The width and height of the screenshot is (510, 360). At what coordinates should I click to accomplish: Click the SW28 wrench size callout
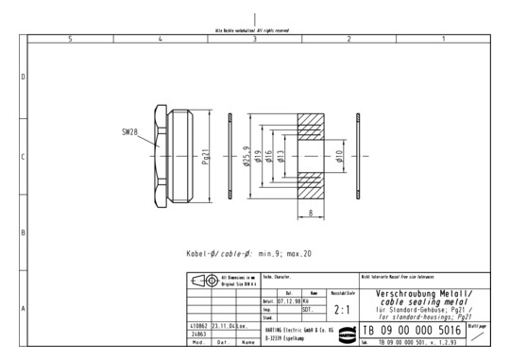pyautogui.click(x=130, y=133)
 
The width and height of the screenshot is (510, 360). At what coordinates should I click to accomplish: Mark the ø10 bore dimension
pyautogui.click(x=338, y=157)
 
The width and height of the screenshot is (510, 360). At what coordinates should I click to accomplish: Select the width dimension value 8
pyautogui.click(x=311, y=213)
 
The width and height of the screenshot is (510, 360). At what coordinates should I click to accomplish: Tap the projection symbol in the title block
pyautogui.click(x=200, y=281)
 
